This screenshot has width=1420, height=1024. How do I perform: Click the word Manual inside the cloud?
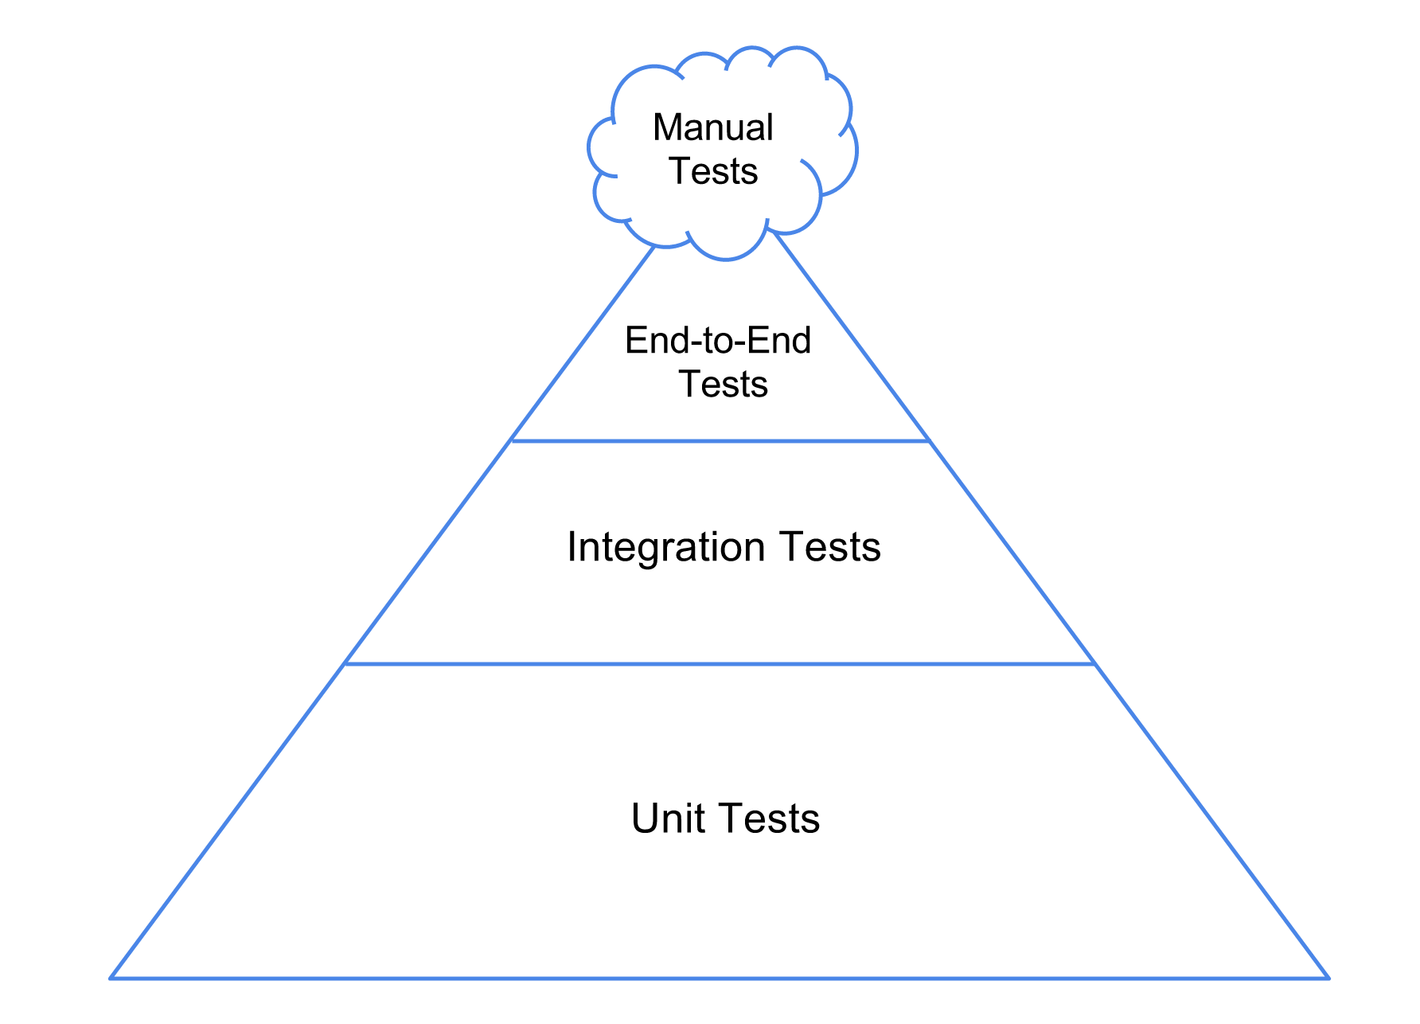[x=712, y=128]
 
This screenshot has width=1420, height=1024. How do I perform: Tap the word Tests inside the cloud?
[x=713, y=171]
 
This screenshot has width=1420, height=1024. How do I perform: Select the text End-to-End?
[x=718, y=341]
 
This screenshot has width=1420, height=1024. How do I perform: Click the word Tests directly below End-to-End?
[x=723, y=384]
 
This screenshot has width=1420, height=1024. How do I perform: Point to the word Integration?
[x=666, y=548]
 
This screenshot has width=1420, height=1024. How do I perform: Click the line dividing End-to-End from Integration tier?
[x=720, y=440]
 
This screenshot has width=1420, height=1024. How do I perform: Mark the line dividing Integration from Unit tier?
[x=720, y=663]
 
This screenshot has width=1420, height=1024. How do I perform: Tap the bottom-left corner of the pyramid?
[x=111, y=977]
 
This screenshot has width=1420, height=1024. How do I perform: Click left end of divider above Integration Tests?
[x=513, y=440]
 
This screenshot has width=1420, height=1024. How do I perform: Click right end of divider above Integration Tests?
[x=929, y=440]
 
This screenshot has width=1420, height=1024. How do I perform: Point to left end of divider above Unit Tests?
[x=345, y=663]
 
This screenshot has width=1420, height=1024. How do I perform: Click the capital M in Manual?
[x=667, y=128]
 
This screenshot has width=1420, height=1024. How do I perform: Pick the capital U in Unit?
[x=645, y=819]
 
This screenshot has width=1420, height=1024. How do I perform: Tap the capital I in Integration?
[x=572, y=548]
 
